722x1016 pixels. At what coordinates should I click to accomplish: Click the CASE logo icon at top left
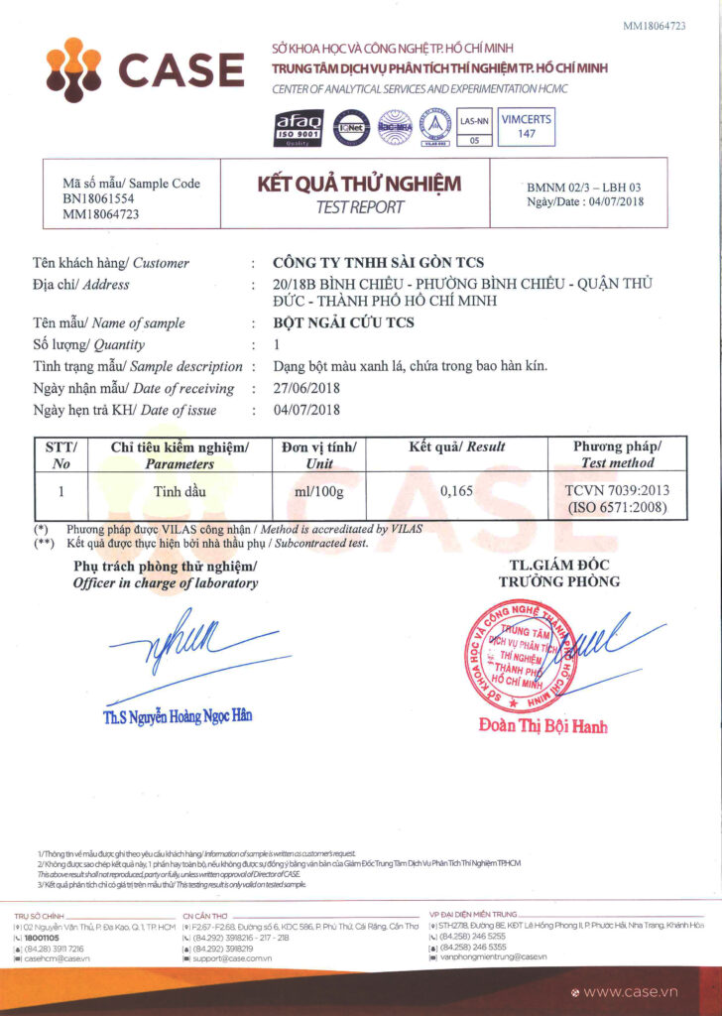click(x=74, y=68)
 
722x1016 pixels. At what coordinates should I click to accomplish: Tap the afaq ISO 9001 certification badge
click(x=298, y=127)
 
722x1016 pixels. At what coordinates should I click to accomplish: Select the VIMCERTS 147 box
click(x=527, y=126)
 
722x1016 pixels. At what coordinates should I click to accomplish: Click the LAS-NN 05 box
click(x=474, y=129)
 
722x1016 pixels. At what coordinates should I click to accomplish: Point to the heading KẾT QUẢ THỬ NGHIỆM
click(x=358, y=185)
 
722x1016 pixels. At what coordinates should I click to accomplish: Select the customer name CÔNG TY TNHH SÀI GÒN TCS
click(x=379, y=263)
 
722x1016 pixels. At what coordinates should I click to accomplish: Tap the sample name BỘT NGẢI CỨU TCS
click(x=343, y=323)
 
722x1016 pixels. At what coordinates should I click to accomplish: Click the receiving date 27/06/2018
click(x=306, y=389)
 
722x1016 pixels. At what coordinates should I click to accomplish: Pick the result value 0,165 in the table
click(x=457, y=490)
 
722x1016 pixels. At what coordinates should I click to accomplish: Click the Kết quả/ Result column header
click(x=457, y=447)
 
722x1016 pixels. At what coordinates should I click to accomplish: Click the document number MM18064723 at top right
click(x=654, y=25)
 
